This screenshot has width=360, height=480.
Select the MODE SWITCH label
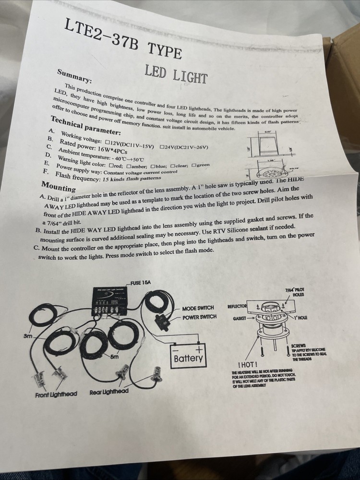198,308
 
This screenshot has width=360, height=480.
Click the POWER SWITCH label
199,317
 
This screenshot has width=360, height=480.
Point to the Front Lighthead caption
56,395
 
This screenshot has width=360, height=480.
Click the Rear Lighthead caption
109,392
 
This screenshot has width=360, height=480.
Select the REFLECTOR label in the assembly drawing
237,306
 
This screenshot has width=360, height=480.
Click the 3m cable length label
28,336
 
